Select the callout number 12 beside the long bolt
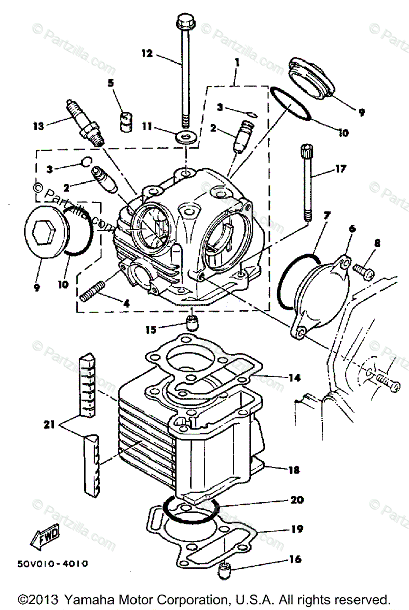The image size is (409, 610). [146, 53]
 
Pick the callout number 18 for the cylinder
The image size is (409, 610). [293, 470]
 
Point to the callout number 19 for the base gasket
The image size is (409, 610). [296, 529]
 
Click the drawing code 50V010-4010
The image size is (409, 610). [51, 564]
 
